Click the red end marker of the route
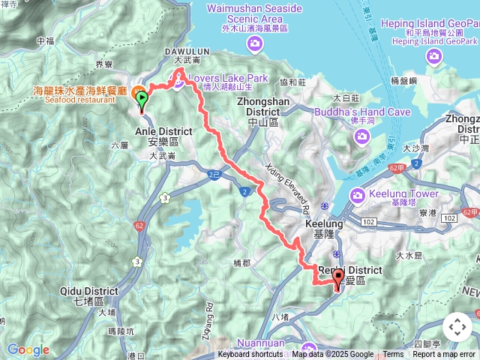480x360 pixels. tap(337, 279)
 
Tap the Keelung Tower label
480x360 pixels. tap(403, 193)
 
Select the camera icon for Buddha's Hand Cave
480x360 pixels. tap(363, 136)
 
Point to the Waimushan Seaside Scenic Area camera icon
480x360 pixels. tap(255, 44)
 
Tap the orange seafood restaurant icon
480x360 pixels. tap(139, 93)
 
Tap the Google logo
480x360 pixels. tap(28, 349)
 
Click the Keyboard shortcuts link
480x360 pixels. tap(250, 355)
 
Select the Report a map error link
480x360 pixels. tap(444, 355)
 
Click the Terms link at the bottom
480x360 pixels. tap(393, 355)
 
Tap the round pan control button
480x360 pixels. tap(457, 328)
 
